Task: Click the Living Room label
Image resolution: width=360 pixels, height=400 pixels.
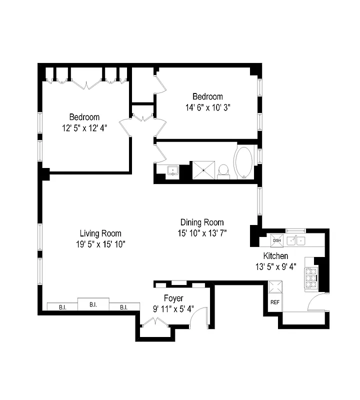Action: pyautogui.click(x=100, y=233)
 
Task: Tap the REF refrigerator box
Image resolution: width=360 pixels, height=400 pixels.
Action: pyautogui.click(x=275, y=302)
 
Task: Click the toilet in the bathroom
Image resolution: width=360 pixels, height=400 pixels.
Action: pyautogui.click(x=224, y=170)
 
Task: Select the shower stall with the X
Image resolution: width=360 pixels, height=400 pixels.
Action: pyautogui.click(x=203, y=169)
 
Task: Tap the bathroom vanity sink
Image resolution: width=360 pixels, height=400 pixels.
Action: pyautogui.click(x=173, y=170)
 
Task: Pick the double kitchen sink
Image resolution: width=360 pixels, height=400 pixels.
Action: pyautogui.click(x=296, y=240)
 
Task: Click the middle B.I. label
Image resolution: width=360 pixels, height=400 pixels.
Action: pyautogui.click(x=93, y=303)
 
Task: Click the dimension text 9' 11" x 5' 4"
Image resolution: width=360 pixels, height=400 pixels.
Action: pyautogui.click(x=173, y=308)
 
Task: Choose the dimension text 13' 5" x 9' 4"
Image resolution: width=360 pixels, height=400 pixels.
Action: pyautogui.click(x=276, y=266)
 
